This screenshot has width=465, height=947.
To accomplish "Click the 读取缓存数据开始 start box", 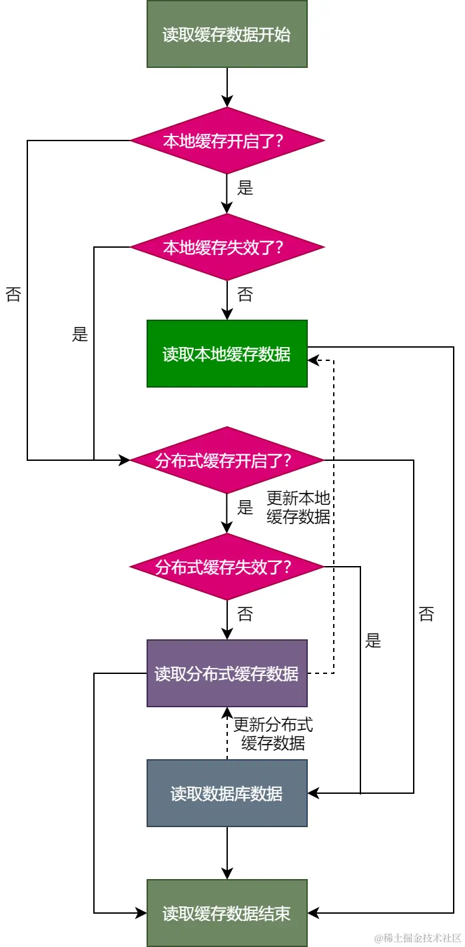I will click(x=227, y=34).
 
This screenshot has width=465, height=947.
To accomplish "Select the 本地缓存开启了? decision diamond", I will click(x=227, y=141).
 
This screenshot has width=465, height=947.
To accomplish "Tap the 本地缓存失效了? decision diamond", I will click(x=227, y=247).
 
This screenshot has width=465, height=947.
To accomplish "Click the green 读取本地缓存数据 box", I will click(x=227, y=354).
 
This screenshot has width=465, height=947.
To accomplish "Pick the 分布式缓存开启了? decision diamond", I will click(x=227, y=460).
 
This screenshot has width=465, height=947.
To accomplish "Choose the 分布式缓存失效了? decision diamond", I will click(x=227, y=567).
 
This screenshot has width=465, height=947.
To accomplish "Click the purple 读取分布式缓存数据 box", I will click(x=227, y=673).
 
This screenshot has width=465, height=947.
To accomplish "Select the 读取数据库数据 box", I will click(x=227, y=793).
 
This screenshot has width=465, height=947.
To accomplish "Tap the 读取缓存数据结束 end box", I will click(x=227, y=913).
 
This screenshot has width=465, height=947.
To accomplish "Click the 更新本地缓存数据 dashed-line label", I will click(x=298, y=507).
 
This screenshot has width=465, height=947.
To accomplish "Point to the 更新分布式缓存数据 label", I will click(x=273, y=734).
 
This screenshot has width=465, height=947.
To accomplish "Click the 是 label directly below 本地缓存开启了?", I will click(x=245, y=188).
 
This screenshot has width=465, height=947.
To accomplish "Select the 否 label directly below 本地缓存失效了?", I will click(x=245, y=294).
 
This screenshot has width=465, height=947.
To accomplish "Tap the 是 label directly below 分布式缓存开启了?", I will click(x=245, y=507).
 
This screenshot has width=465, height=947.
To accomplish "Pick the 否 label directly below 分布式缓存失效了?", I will click(x=245, y=614).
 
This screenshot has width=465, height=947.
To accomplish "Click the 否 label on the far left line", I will click(x=13, y=294).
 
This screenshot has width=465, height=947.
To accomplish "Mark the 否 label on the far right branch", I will click(x=426, y=614).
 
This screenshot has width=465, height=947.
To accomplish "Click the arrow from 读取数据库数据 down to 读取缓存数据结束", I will click(x=227, y=852).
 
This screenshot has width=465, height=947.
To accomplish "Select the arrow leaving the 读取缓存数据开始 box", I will click(x=227, y=87).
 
